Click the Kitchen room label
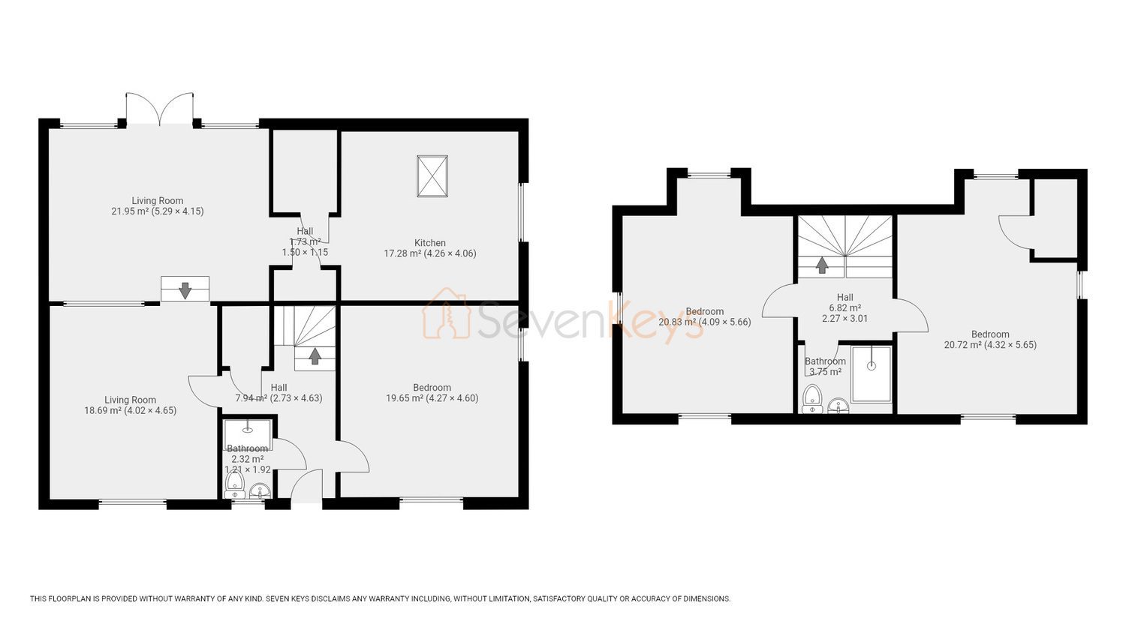[430, 243]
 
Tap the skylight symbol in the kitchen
[432, 175]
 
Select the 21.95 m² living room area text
[158, 211]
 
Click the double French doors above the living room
[159, 109]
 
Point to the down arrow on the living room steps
[185, 289]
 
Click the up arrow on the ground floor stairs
[315, 355]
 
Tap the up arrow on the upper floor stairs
[822, 265]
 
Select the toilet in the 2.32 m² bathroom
[233, 484]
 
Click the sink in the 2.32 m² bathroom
[260, 490]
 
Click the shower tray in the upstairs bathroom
[872, 373]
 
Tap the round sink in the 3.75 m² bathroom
[837, 405]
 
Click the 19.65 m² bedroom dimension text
[432, 398]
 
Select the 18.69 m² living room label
[130, 405]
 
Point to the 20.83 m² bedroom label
[705, 316]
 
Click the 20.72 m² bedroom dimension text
[990, 345]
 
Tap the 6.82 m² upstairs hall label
[845, 307]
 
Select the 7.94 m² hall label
[279, 393]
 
